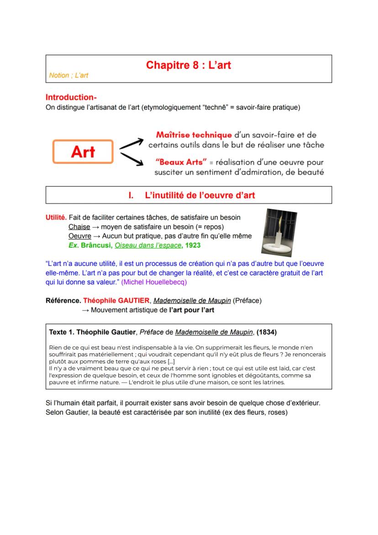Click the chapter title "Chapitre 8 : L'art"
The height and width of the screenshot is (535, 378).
[189, 65]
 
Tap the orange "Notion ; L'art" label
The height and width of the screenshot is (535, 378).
[68, 76]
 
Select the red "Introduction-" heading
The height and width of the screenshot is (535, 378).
[71, 97]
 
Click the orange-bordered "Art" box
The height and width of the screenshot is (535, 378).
[83, 152]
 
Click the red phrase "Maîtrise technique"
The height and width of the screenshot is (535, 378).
[194, 135]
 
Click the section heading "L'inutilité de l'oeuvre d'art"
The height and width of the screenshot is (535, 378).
[199, 196]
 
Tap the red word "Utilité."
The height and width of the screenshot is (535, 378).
[56, 217]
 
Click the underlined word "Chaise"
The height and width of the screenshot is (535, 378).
[79, 227]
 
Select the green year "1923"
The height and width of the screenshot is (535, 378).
[193, 245]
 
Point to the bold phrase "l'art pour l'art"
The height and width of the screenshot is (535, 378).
[191, 310]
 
